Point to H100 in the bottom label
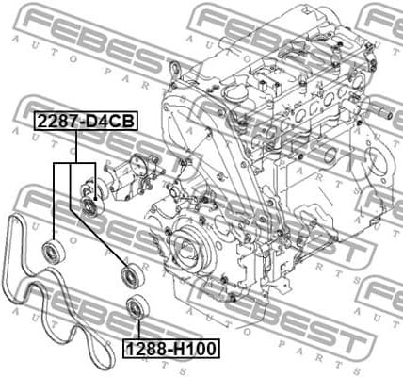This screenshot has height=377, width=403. coord(196,350)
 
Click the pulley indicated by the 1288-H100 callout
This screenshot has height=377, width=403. coord(136,307)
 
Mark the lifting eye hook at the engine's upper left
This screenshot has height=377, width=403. coord(175,67)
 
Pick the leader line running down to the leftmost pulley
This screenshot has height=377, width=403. coord(54,203)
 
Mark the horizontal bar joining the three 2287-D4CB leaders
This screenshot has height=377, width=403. coord(75,163)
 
